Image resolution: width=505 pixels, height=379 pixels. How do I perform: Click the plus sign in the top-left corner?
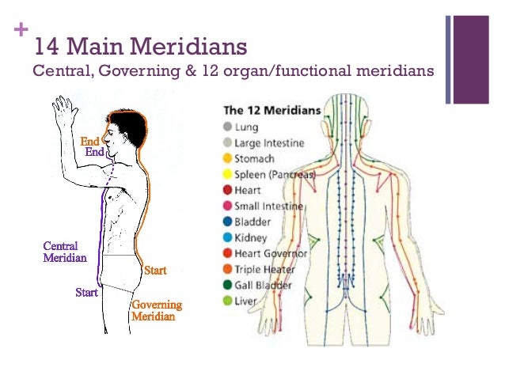coord(19,34)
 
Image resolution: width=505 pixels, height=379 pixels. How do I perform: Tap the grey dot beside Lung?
coord(227,127)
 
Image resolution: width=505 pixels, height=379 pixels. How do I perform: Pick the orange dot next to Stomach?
coord(227,158)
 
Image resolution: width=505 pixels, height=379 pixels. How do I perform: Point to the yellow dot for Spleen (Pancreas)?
coord(227,174)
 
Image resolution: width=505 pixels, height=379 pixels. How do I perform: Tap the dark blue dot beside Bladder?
coord(227,222)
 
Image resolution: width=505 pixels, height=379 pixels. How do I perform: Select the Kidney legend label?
coord(251,237)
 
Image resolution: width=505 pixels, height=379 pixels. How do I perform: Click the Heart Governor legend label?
coord(272,253)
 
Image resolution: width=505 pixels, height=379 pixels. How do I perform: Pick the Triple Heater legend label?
coord(268,269)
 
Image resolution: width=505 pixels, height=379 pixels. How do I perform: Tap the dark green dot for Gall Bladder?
coord(227,285)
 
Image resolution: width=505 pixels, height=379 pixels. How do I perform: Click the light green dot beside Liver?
coord(227,301)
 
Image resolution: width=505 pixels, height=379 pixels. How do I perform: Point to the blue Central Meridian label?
coord(64,252)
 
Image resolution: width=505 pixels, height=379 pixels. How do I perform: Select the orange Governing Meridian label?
coord(156,310)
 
